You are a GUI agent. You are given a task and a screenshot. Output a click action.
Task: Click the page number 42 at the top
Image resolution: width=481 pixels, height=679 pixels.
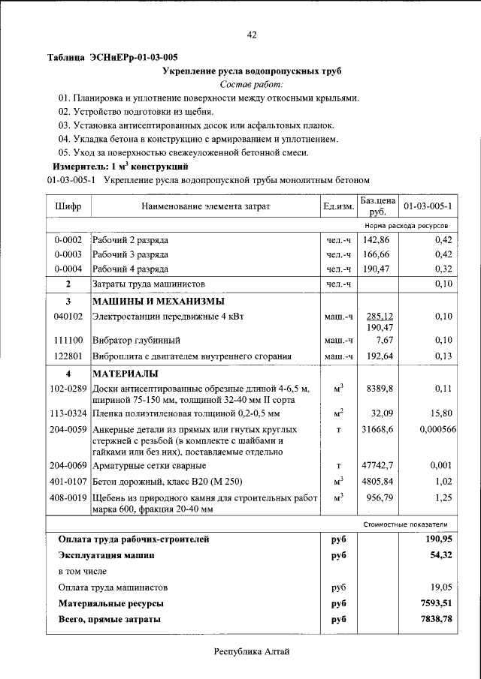tap(252, 35)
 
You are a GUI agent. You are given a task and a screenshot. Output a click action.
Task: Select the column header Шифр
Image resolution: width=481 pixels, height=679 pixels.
tap(68, 206)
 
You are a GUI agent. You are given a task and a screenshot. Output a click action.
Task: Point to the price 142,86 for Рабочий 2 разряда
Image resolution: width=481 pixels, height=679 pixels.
tap(377, 240)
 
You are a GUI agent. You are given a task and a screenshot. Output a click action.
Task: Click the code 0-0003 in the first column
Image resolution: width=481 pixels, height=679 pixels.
tap(68, 255)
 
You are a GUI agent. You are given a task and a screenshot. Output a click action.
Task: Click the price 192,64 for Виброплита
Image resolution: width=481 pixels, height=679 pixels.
tap(379, 356)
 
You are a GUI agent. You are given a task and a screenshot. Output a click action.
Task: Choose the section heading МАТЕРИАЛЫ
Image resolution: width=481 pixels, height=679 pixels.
tap(125, 373)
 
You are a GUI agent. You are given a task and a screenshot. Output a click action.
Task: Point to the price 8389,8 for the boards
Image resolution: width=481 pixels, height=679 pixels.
tap(380, 389)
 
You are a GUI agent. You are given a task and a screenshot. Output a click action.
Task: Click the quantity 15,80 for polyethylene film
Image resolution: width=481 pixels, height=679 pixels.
tap(438, 413)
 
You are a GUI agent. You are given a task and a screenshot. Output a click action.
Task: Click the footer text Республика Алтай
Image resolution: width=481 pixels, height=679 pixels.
tap(252, 653)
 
